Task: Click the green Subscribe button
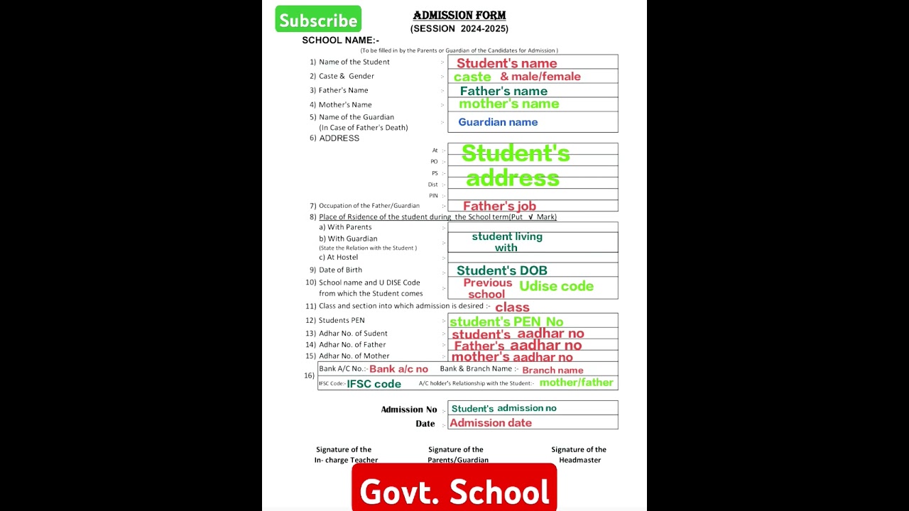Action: point(318,19)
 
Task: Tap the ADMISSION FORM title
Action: point(459,16)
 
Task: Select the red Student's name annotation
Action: point(506,63)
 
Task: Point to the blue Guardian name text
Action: point(498,122)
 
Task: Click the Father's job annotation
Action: point(499,207)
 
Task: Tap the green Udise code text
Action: point(556,286)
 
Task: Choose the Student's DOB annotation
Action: point(501,270)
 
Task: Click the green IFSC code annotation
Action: point(374,384)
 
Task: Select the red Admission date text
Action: point(491,423)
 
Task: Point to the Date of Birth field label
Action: point(340,270)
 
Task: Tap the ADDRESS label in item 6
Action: point(339,138)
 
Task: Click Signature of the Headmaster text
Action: point(579,454)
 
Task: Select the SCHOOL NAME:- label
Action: point(340,40)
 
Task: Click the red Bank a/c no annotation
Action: point(398,369)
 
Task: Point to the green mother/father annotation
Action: point(576,383)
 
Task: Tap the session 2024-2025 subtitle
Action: point(459,29)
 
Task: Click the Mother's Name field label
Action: point(345,105)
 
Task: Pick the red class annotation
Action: point(512,307)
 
